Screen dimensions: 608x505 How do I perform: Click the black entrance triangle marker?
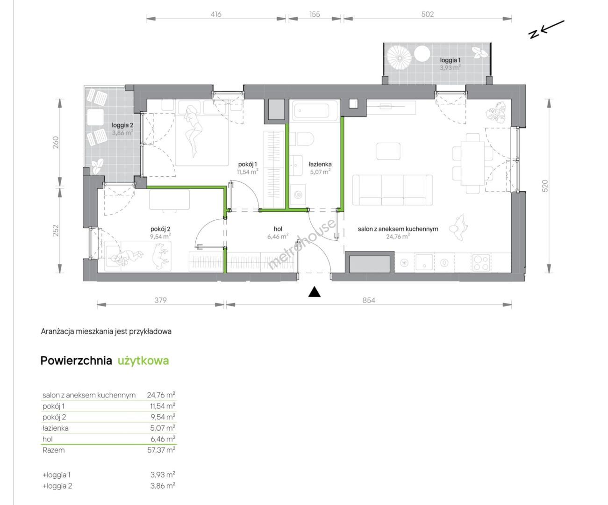coord(314,292)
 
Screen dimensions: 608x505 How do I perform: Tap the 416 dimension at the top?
coord(216,14)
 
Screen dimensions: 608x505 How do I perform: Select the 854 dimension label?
coord(369,300)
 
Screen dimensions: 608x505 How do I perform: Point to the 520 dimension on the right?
coord(545,186)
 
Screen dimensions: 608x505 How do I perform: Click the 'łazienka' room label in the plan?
coord(320,164)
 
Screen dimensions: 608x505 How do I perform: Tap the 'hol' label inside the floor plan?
coord(278,229)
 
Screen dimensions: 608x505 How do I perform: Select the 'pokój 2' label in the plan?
coord(160,229)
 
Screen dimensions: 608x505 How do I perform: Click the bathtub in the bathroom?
coord(315,111)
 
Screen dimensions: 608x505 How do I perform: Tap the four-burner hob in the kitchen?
coord(481,263)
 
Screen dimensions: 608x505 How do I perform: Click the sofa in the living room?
coord(392,190)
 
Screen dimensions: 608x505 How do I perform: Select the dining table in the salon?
coord(472,164)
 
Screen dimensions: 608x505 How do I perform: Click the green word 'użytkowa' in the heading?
coord(143,361)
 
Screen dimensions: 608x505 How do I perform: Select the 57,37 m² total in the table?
coord(161,450)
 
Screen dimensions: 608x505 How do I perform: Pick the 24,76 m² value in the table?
coord(161,395)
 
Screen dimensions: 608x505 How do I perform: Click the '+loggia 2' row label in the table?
coord(57,486)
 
